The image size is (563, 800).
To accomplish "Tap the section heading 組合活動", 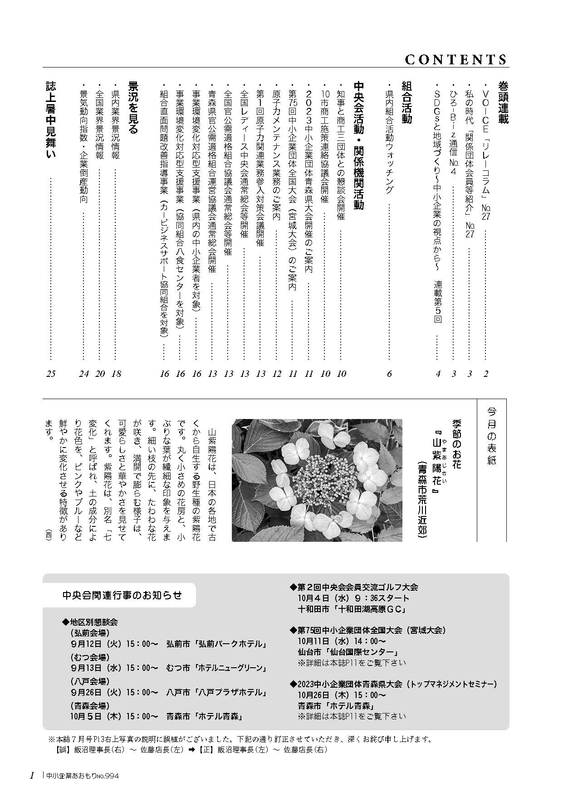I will [x=406, y=102].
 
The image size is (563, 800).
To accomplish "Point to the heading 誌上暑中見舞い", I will [x=50, y=120].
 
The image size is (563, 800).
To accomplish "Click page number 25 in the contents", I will [x=50, y=374].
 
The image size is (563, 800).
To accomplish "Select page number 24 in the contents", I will [x=83, y=374].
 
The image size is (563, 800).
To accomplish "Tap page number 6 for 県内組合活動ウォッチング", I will [x=389, y=374].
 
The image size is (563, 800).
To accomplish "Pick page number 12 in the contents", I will [x=276, y=374].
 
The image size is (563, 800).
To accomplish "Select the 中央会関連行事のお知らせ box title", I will [x=122, y=595].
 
